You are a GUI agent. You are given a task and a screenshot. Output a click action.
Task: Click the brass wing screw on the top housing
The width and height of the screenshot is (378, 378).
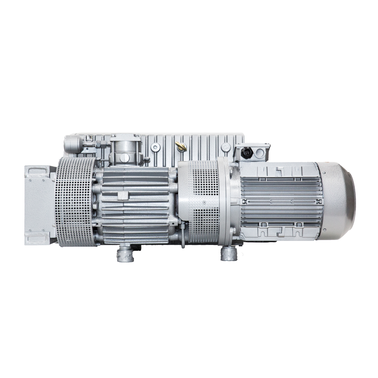[180, 146]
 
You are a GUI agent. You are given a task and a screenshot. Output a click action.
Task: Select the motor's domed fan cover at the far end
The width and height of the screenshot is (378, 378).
[339, 200]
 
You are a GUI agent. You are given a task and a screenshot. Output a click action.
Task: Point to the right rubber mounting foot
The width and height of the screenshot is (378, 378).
[228, 254]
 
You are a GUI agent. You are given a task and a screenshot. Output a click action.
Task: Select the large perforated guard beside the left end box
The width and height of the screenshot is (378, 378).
[76, 202]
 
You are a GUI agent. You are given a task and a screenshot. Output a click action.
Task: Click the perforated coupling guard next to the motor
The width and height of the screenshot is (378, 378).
[204, 202]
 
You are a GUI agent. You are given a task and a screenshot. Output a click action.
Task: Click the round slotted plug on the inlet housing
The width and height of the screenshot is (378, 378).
[124, 157]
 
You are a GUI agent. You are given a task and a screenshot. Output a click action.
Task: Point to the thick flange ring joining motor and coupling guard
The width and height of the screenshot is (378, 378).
[229, 202]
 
